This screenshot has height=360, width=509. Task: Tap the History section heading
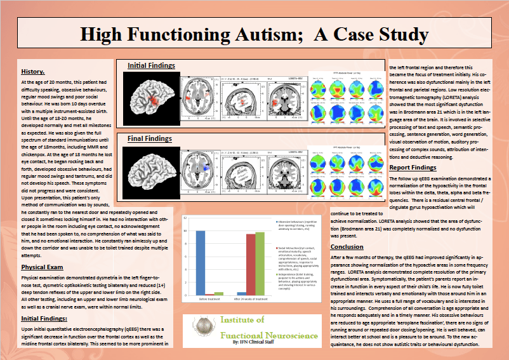pyautogui.click(x=32, y=71)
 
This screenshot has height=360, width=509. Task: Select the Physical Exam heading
pyautogui.click(x=41, y=267)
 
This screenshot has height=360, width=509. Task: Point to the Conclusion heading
pyautogui.click(x=347, y=246)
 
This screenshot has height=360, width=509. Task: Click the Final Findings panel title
pyautogui.click(x=151, y=138)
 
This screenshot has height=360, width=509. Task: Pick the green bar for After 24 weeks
pyautogui.click(x=259, y=263)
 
